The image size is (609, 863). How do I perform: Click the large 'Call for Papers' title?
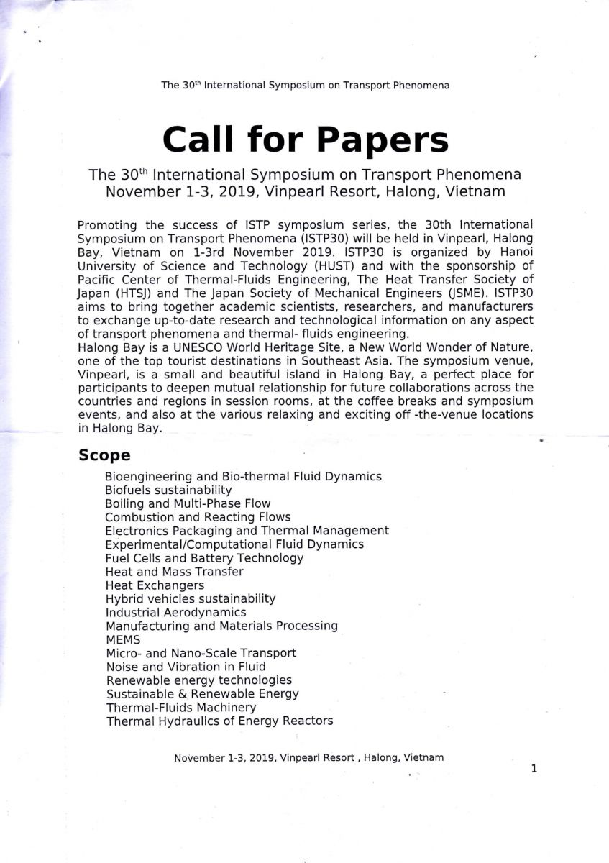click(x=305, y=139)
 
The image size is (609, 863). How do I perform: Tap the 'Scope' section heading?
click(x=104, y=455)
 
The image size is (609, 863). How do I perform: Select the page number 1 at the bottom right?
click(x=534, y=769)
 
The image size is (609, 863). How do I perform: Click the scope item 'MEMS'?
click(x=123, y=639)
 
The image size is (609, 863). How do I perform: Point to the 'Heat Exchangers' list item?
click(x=154, y=585)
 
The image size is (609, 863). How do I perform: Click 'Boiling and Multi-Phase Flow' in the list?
click(x=188, y=503)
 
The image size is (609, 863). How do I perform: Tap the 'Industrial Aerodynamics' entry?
click(x=175, y=613)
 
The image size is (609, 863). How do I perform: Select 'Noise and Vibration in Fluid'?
click(x=186, y=667)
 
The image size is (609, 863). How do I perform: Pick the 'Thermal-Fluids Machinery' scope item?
click(x=180, y=708)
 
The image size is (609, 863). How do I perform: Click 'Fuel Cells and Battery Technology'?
click(x=204, y=558)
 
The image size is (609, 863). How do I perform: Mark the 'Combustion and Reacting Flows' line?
click(x=198, y=517)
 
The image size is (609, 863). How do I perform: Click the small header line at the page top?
click(x=305, y=85)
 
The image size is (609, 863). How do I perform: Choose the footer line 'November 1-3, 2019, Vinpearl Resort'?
click(x=308, y=757)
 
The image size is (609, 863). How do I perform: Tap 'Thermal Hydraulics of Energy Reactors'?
click(x=219, y=721)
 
